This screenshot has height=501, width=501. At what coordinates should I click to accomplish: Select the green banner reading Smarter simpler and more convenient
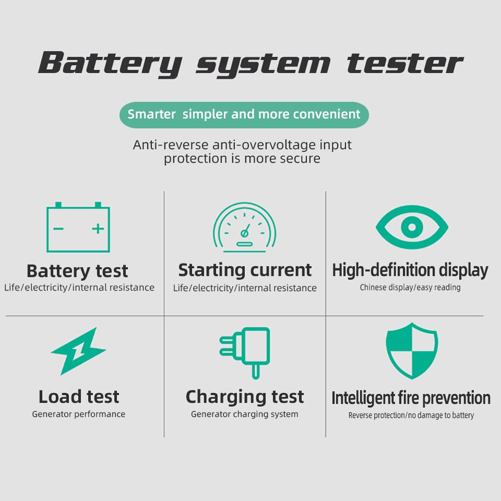click(x=244, y=114)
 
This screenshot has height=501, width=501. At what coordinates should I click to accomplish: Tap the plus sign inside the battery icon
click(x=98, y=229)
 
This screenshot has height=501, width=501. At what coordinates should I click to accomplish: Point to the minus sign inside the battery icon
click(x=59, y=229)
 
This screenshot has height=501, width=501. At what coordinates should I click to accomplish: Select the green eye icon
click(x=411, y=227)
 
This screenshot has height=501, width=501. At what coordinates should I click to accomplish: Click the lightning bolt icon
click(x=79, y=351)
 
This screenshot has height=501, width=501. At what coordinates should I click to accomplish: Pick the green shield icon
click(x=411, y=351)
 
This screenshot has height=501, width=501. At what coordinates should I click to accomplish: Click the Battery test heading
click(x=77, y=271)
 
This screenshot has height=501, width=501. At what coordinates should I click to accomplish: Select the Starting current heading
click(x=245, y=270)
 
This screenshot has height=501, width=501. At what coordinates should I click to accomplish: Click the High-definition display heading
click(x=410, y=270)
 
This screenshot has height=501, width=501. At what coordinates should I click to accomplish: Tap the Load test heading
click(x=79, y=397)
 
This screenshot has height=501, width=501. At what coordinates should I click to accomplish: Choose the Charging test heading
click(x=244, y=397)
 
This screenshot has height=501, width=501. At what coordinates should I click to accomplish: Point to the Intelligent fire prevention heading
click(x=411, y=398)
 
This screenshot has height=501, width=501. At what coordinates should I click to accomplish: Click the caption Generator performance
click(x=79, y=414)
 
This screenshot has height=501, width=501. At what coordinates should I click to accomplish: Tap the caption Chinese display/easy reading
click(x=410, y=288)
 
